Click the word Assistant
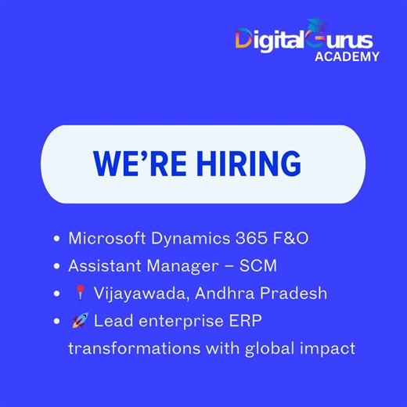click(x=103, y=266)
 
